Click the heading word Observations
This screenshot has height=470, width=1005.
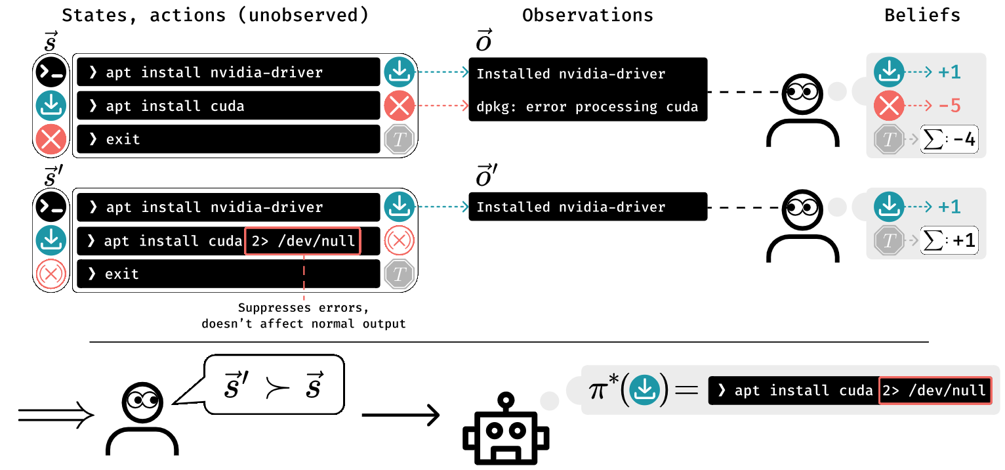588,16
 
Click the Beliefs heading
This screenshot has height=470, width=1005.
922,16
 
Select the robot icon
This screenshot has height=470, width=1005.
505,430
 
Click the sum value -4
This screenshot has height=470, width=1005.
951,140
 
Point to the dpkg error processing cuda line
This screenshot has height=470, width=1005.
587,106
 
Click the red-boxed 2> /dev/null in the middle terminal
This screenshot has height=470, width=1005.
302,242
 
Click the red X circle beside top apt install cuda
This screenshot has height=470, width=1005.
398,106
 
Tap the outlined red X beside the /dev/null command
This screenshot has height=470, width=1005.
398,241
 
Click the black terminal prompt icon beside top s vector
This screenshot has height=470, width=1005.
51,72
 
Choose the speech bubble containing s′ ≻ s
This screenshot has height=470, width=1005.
274,385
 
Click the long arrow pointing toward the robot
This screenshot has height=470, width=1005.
400,415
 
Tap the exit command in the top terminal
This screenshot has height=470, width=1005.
123,139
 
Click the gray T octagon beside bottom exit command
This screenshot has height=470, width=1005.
398,274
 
